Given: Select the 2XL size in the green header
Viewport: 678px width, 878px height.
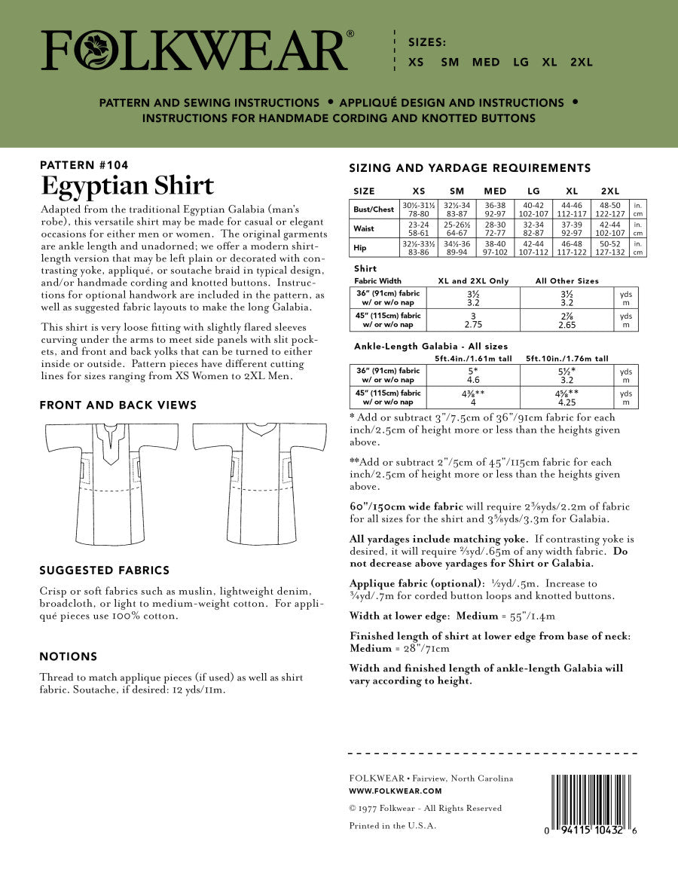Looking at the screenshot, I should coord(581,63).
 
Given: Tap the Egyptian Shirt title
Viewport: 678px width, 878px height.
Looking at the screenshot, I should coord(127,185).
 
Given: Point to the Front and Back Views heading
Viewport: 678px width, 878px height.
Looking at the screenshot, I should coord(118,405).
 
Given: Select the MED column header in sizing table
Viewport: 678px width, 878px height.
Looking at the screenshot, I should coord(495,191).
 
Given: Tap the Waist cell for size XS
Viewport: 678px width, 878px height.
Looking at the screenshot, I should coord(420,228).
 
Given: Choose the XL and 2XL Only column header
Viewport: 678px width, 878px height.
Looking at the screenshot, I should coord(473,281).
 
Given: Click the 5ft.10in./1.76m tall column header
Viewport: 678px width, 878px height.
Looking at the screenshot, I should coord(567,359).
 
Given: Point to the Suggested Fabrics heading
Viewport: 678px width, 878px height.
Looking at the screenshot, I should coord(104,570).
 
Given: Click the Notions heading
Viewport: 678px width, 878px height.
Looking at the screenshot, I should coord(68,656).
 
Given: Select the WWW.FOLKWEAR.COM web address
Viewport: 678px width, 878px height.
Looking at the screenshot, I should coord(395,791).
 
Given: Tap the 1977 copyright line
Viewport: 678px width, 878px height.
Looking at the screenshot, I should coord(425,808).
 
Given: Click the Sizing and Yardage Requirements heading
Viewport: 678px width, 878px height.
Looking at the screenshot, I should coord(470,167).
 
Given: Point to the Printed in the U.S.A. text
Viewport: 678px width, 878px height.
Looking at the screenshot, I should coord(392,825).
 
